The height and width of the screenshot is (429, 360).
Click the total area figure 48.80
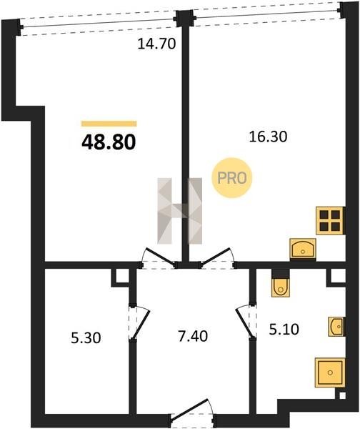coord(109,142)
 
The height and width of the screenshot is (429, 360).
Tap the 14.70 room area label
coord(156,44)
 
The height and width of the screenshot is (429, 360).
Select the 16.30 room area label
coord(268,137)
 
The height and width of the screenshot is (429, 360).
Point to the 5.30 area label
coord(86,337)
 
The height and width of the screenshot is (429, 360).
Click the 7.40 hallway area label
coord(193,336)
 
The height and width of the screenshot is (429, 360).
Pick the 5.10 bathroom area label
coord(284,329)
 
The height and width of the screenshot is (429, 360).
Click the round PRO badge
coord(232,178)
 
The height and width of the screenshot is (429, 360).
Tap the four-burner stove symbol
coord(330,220)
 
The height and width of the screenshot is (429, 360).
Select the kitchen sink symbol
coord(303,248)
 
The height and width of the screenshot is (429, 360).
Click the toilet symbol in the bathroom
coord(281,283)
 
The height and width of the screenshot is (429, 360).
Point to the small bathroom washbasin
coord(336,327)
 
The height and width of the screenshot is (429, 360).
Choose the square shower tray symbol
coord(330,372)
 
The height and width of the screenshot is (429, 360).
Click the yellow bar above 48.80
coord(109,124)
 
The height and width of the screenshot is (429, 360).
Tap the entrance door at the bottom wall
coord(192,413)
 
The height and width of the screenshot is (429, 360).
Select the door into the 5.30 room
coord(139,322)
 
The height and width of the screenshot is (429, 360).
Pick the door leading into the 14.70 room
coord(159,258)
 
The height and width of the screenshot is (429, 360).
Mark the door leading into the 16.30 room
coord(218,258)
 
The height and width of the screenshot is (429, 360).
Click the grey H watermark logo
coord(179,211)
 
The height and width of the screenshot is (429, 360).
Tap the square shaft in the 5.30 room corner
coord(120,277)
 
